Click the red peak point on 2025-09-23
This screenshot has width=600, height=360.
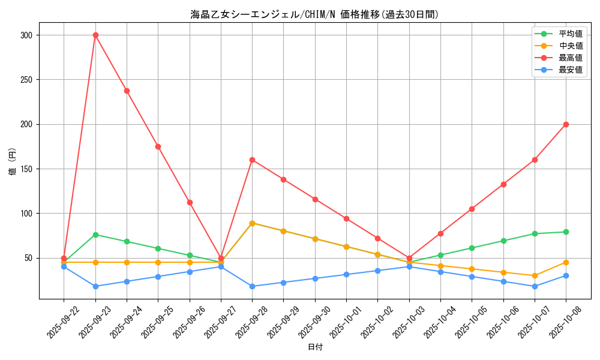coord(95,35)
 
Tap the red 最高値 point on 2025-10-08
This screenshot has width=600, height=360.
coord(566,124)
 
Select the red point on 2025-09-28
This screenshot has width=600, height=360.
coord(252,160)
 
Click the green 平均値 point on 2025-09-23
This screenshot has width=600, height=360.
coord(95,235)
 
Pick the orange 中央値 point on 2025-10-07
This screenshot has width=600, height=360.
coord(535,276)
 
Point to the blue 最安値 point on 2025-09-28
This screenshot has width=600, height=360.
coord(252,286)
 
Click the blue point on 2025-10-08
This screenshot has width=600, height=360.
coord(566,276)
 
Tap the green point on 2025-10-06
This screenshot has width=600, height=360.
coord(503,241)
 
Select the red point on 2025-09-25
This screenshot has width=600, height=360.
coord(158,146)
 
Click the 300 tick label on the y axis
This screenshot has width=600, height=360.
coord(26,35)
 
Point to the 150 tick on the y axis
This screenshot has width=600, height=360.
coord(26,169)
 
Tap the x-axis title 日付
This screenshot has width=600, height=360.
coord(315,347)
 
